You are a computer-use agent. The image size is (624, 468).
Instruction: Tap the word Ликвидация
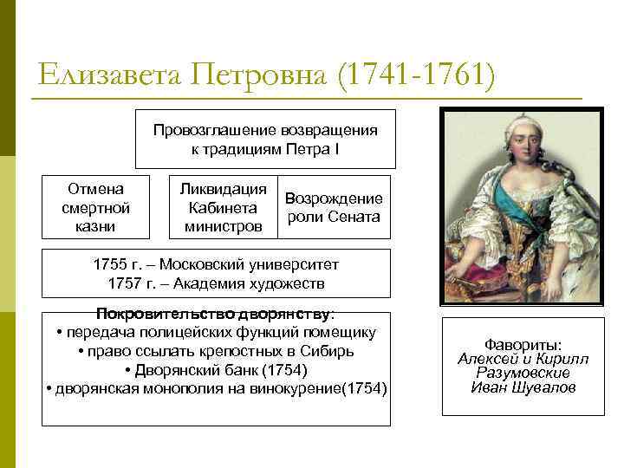point(222,189)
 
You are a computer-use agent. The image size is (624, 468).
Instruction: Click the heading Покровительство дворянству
point(216,313)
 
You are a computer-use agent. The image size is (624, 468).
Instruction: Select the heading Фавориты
point(523,344)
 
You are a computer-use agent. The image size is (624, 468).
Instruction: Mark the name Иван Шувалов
point(523,388)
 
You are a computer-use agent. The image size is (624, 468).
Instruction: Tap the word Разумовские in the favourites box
point(523,374)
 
